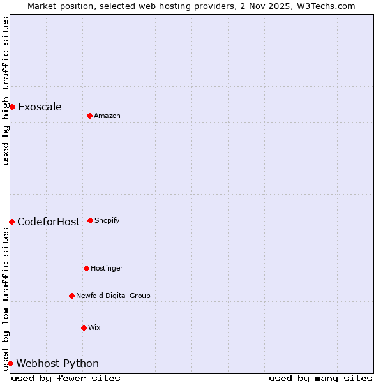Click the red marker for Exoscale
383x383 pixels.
[12, 107]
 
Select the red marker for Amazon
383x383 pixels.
[89, 116]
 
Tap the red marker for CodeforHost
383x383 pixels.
[11, 222]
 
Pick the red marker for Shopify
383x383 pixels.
[90, 220]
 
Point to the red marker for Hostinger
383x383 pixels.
[86, 268]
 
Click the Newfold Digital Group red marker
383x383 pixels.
[71, 296]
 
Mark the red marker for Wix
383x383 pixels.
[84, 327]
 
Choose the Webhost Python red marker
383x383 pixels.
[10, 363]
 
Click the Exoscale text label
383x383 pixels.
[40, 107]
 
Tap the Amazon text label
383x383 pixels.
[107, 116]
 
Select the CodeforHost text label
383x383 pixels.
[49, 222]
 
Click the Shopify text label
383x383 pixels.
[107, 220]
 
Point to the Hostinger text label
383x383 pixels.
[107, 268]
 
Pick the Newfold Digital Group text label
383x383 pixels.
[113, 296]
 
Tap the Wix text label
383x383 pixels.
[94, 327]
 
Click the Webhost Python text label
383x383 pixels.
[57, 364]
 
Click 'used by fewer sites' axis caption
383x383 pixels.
[66, 378]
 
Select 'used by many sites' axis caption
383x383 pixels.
[320, 378]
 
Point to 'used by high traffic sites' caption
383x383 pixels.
[6, 91]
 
